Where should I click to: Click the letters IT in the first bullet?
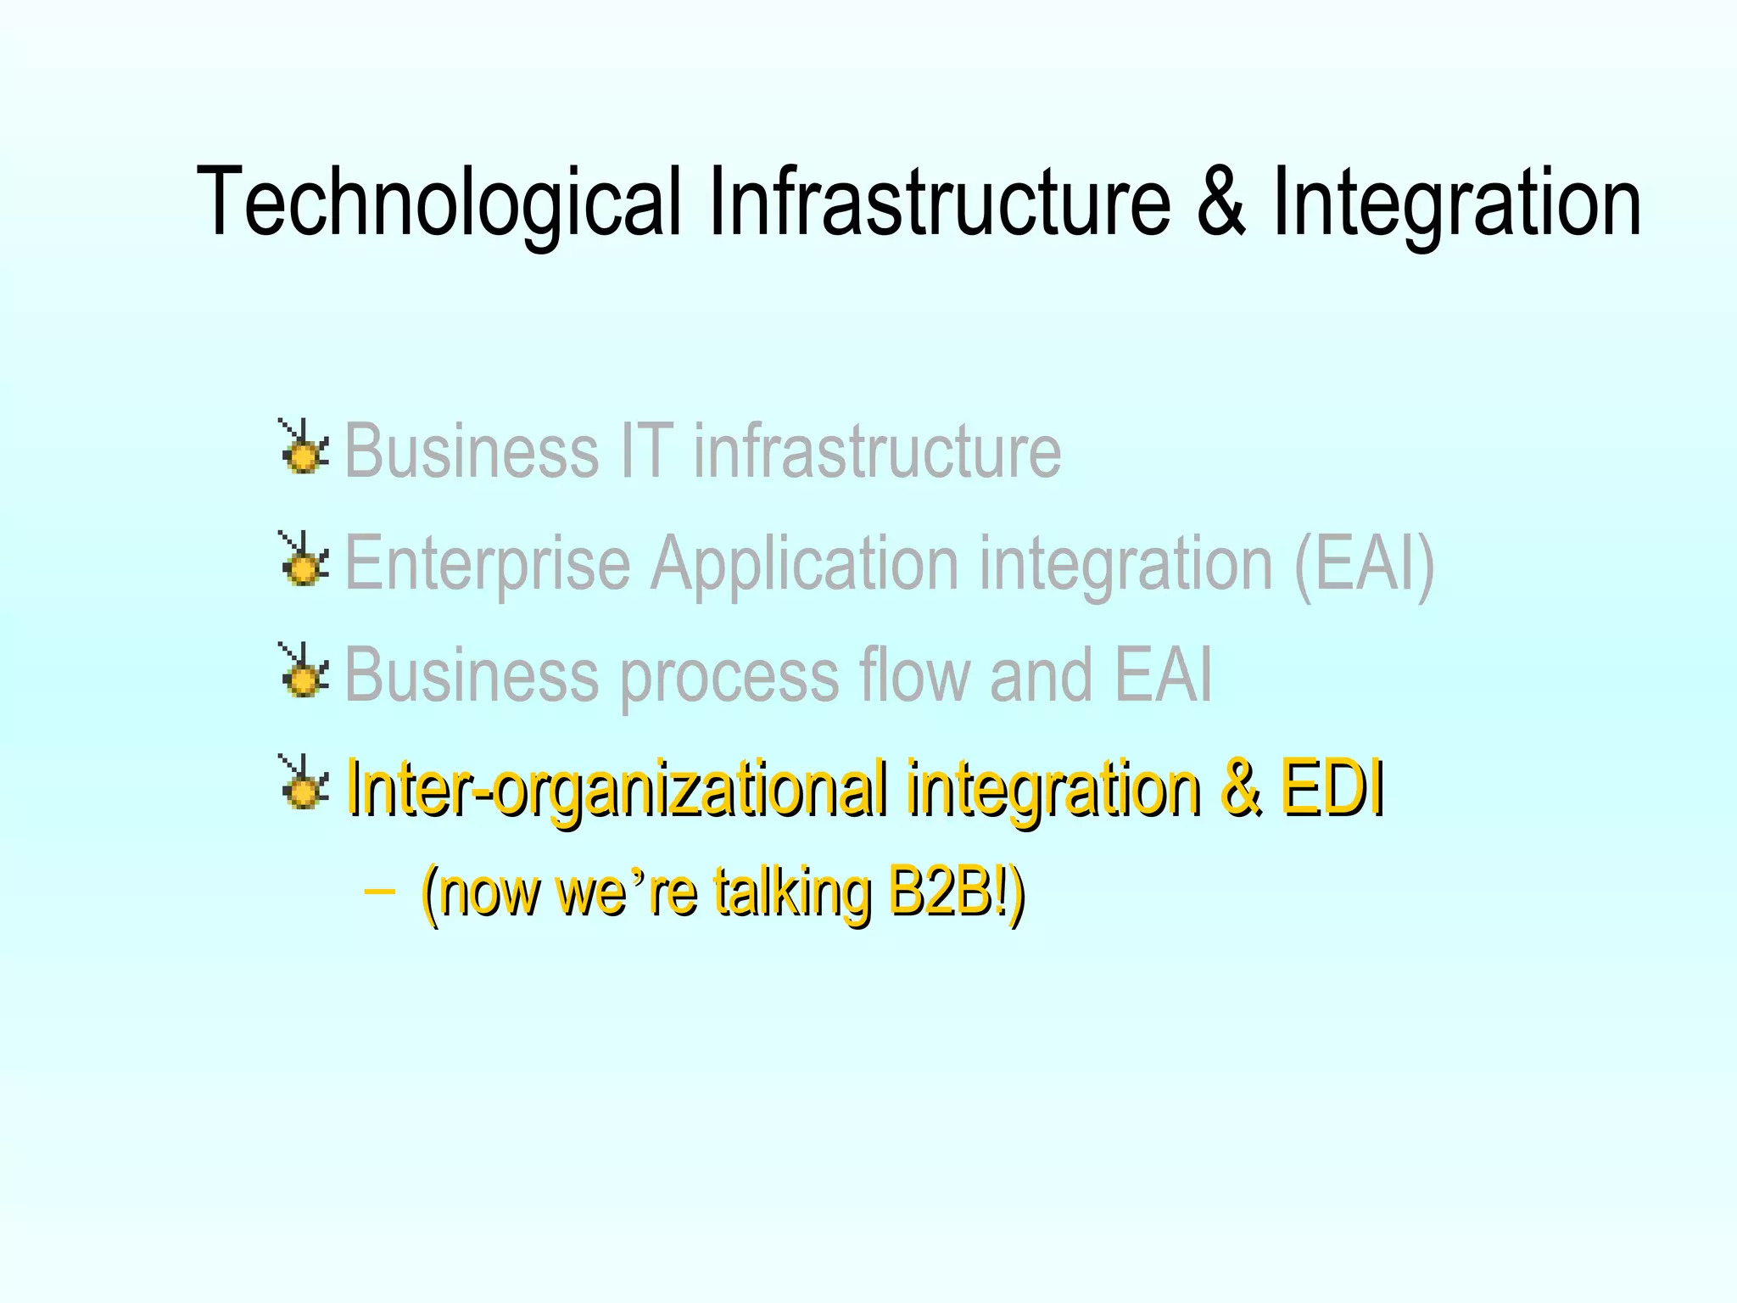[x=646, y=450]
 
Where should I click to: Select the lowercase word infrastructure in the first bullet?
[x=877, y=450]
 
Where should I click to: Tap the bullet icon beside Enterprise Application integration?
[x=303, y=560]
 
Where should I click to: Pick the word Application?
[x=805, y=564]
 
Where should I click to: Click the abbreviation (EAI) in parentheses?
[x=1364, y=564]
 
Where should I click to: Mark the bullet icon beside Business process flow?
[x=303, y=671]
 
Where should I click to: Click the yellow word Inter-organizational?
[x=618, y=789]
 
